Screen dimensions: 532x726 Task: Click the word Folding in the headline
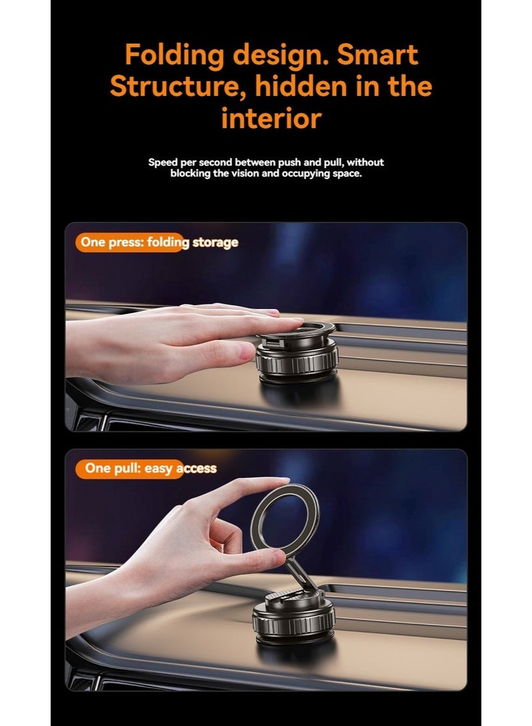click(174, 56)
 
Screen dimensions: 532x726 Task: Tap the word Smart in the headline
click(377, 55)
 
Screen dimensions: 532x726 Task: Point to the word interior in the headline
click(271, 118)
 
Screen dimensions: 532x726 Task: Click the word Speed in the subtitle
click(163, 162)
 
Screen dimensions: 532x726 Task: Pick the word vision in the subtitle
click(245, 174)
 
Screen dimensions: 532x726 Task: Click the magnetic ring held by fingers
click(285, 521)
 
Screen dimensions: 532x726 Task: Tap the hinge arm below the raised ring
click(301, 576)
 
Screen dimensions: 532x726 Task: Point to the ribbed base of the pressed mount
click(297, 361)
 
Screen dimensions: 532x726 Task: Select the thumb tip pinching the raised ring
click(273, 557)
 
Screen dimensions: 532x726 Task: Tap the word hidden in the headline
click(301, 86)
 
